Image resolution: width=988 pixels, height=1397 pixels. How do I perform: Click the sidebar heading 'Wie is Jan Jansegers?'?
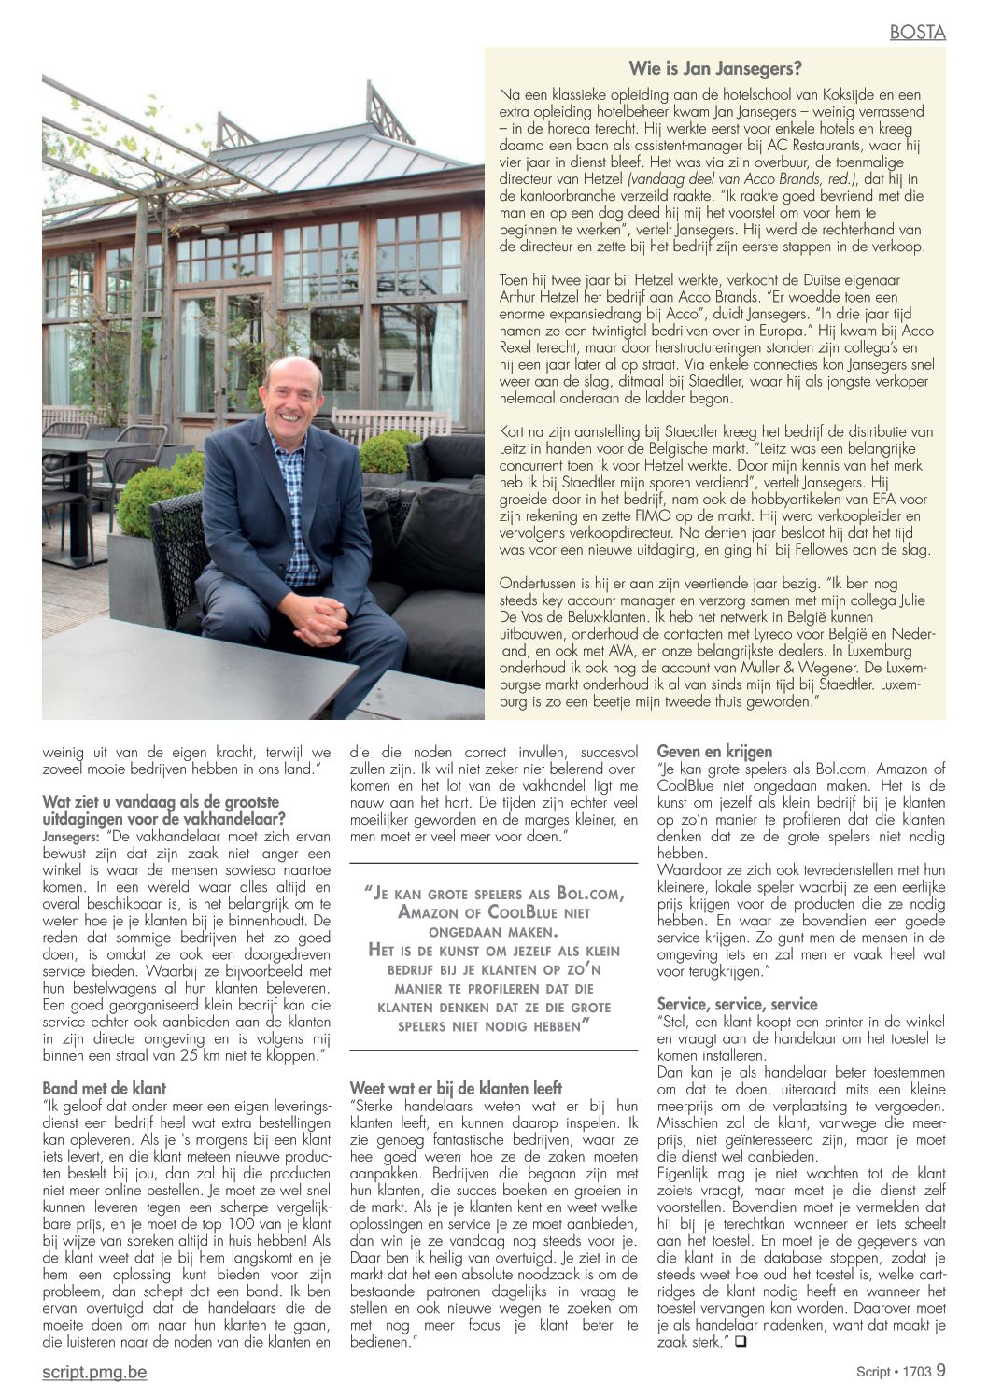(x=714, y=68)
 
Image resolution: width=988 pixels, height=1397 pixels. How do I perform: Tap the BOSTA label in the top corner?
(x=917, y=33)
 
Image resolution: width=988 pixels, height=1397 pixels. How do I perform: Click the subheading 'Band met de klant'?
(x=105, y=1088)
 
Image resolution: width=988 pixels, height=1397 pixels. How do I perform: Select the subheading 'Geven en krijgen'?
(x=714, y=751)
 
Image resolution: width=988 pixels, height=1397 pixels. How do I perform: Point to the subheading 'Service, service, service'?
(x=737, y=1004)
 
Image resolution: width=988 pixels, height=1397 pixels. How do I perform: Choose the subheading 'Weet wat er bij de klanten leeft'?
(x=456, y=1088)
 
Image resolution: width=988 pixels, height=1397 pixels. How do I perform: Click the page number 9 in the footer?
(x=940, y=1371)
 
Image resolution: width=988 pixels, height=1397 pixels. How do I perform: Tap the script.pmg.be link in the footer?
(x=94, y=1372)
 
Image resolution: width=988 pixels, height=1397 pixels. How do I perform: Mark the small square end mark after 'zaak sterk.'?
(x=741, y=1342)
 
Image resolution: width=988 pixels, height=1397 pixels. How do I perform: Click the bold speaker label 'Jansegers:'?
(x=72, y=837)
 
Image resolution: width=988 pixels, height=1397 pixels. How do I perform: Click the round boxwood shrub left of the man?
(x=154, y=500)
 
